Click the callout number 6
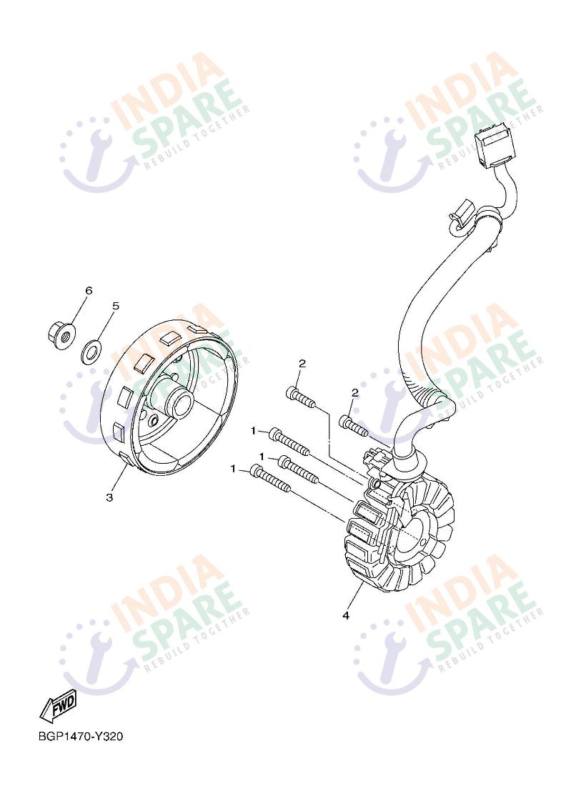click(89, 290)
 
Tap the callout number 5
click(116, 306)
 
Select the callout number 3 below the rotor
click(109, 497)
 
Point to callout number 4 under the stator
click(346, 615)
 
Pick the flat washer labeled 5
click(91, 351)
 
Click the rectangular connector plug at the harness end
click(493, 146)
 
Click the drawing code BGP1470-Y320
click(81, 737)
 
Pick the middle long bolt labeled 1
click(299, 468)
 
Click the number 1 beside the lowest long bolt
click(233, 469)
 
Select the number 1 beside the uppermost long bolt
click(254, 431)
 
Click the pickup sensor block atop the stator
click(376, 458)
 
